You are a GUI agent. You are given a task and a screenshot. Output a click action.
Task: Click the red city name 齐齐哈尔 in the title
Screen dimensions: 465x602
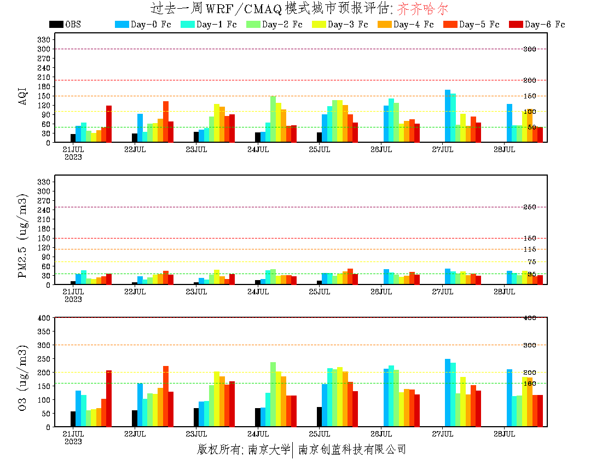click(422, 9)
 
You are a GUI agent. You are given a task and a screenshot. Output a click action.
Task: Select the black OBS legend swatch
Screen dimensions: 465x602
click(56, 25)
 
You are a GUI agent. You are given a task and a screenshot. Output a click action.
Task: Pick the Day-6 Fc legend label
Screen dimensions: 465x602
click(545, 25)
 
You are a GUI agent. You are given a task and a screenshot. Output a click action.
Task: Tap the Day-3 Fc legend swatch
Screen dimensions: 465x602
click(319, 25)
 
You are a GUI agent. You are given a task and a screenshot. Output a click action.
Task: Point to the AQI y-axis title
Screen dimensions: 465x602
click(23, 91)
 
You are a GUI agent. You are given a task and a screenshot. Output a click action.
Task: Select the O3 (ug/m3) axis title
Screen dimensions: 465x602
click(23, 377)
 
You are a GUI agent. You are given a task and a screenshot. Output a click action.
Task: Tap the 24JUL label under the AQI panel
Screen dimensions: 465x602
click(258, 149)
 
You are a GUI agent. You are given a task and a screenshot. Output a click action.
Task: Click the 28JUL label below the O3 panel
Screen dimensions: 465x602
click(504, 434)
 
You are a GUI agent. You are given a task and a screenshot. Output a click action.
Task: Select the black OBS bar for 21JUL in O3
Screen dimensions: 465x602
click(73, 419)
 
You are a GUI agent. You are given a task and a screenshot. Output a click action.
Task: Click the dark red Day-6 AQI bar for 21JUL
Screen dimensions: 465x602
click(109, 124)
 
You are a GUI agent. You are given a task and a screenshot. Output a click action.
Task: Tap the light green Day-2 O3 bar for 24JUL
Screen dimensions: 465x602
click(273, 394)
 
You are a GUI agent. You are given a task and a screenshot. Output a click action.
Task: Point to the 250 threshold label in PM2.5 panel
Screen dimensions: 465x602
click(529, 207)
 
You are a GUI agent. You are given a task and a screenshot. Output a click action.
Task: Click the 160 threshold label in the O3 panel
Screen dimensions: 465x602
click(529, 383)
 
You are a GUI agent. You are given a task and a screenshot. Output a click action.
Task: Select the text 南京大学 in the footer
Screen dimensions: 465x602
click(269, 450)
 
